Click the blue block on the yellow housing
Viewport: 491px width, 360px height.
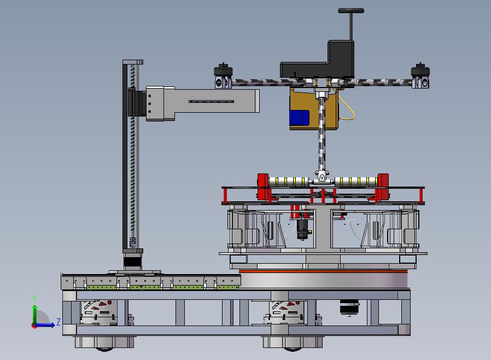pyautogui.click(x=300, y=117)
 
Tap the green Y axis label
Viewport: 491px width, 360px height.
pyautogui.click(x=34, y=298)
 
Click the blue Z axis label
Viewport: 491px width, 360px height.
pyautogui.click(x=59, y=322)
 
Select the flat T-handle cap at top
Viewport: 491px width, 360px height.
pyautogui.click(x=351, y=10)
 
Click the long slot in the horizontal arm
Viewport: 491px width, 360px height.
pyautogui.click(x=212, y=102)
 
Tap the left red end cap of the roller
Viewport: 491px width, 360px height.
pyautogui.click(x=263, y=187)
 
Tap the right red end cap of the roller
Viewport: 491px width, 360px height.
pyautogui.click(x=383, y=187)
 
